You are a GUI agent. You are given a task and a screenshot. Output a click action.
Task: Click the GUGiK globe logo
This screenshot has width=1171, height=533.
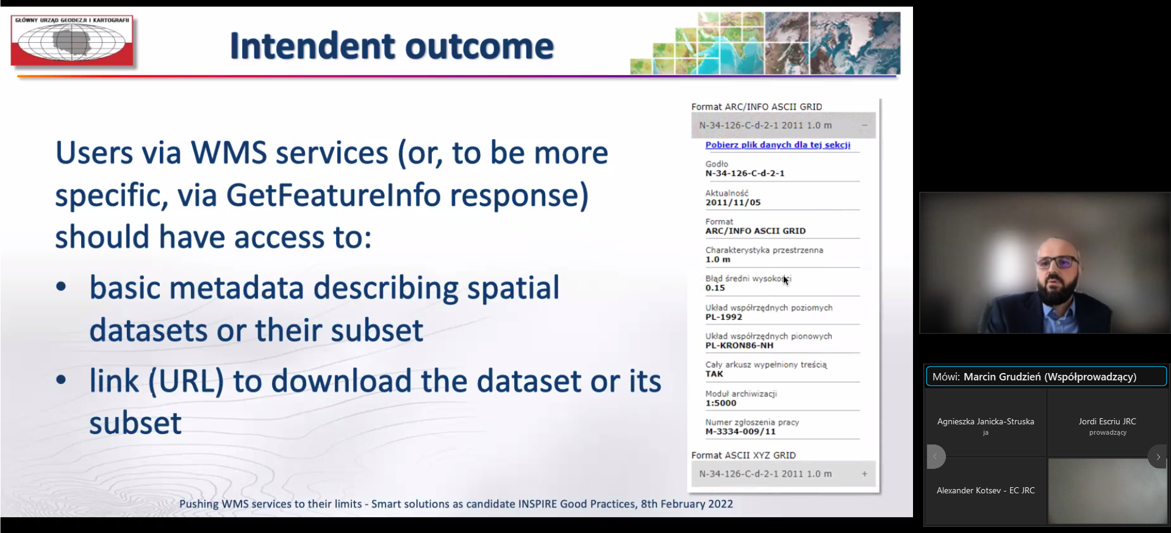pos(72,40)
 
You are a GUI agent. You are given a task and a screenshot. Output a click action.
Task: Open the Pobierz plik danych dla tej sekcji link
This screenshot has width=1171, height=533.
pos(778,145)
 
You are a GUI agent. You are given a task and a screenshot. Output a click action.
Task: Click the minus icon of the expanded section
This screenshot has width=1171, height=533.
pos(864,125)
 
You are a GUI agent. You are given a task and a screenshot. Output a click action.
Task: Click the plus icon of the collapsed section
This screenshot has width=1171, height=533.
pos(864,474)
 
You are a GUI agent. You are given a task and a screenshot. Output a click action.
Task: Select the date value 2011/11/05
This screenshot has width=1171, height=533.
pos(733,203)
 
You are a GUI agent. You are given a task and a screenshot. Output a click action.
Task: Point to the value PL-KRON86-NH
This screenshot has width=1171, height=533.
pos(739,346)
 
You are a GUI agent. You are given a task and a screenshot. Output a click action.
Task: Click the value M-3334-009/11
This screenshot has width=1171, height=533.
pos(740,432)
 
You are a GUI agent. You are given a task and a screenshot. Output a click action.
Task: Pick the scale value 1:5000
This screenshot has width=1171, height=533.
pos(721,403)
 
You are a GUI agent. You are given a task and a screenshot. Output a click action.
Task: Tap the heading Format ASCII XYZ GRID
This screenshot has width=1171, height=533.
pos(743,455)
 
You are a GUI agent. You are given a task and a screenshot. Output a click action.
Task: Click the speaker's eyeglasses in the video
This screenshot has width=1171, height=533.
pos(1058,263)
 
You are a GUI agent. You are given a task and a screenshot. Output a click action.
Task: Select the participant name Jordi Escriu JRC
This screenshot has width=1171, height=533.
pos(1107,421)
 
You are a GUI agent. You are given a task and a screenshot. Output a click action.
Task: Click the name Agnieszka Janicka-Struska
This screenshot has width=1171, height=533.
pos(986,421)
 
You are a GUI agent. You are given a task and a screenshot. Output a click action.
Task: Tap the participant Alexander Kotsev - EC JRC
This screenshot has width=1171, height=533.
pos(986,490)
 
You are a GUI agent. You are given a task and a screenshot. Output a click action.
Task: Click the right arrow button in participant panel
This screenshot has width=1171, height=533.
pos(1158,457)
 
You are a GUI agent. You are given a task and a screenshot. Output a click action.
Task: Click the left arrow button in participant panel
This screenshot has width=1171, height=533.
pos(936,457)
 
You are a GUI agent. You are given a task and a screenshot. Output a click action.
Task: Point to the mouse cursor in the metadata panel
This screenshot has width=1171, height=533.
pos(786,280)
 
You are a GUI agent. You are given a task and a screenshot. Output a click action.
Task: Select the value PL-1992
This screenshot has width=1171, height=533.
pos(724,317)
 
